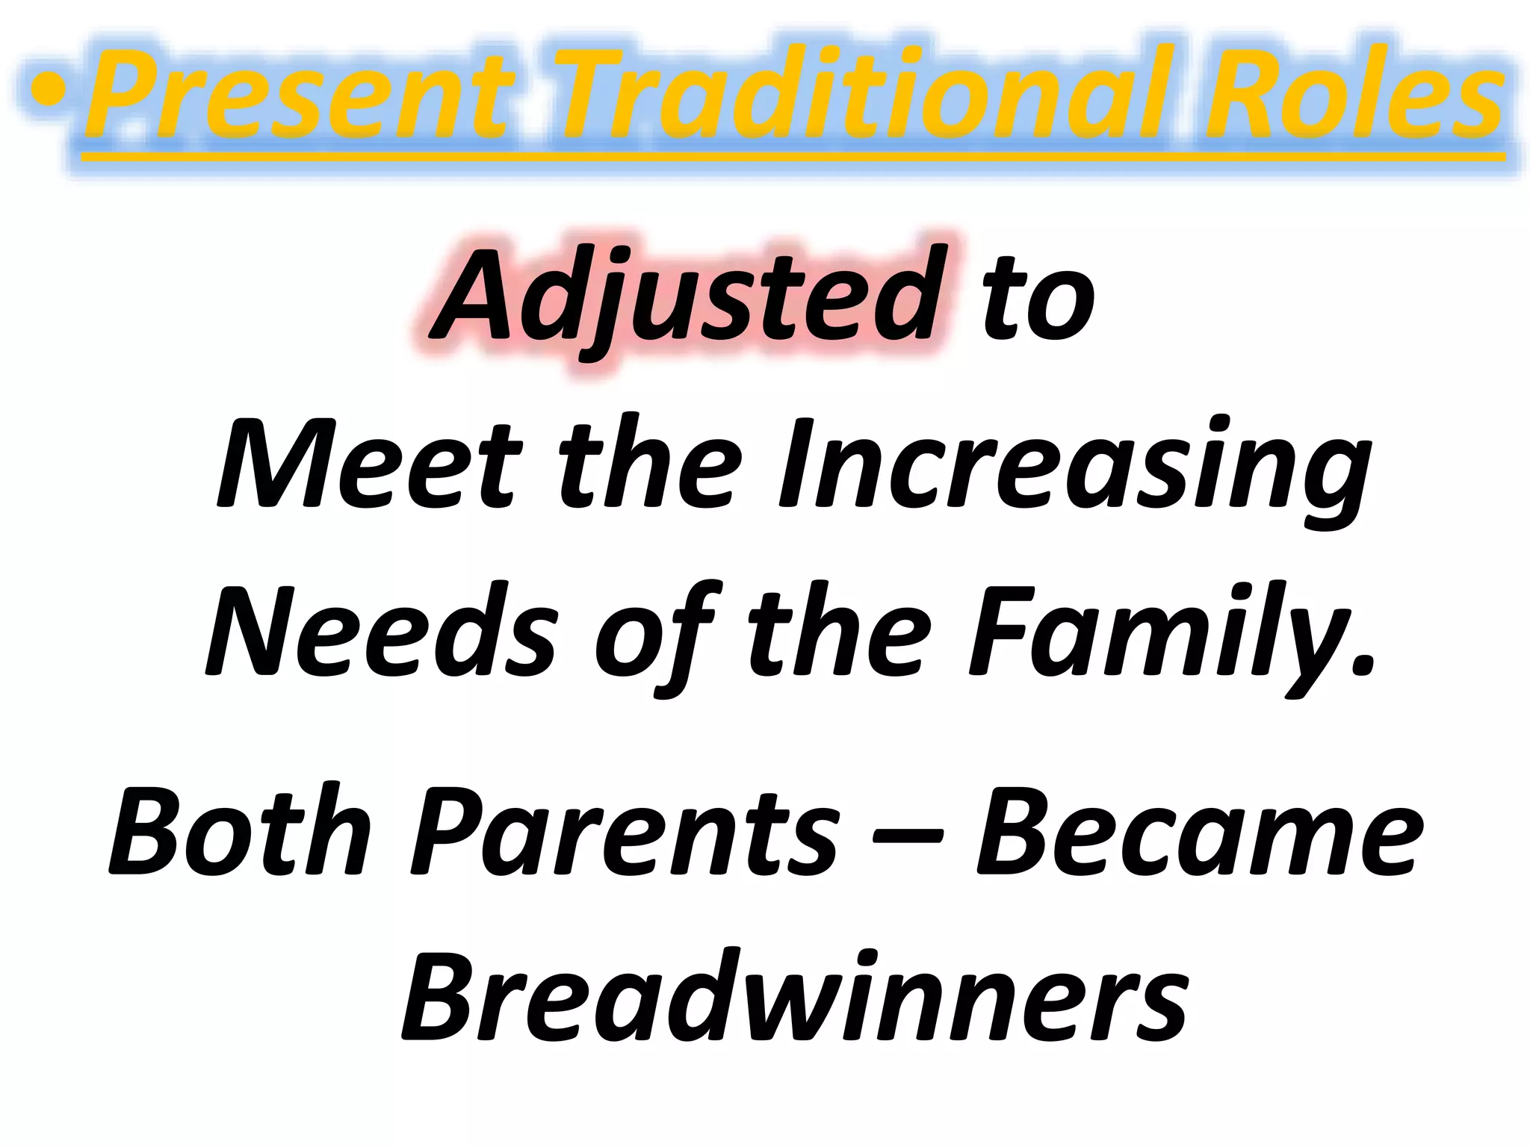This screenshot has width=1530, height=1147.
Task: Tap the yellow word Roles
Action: (x=1352, y=93)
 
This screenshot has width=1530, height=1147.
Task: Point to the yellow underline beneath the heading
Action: (x=792, y=158)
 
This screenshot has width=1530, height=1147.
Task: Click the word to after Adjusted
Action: (x=1038, y=299)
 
